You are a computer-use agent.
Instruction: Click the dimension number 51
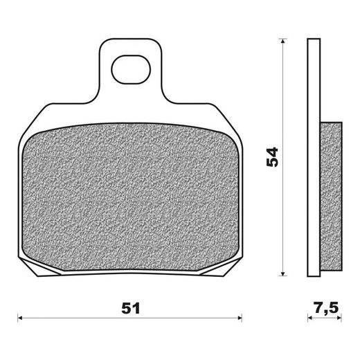131,308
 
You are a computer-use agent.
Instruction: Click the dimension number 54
272,157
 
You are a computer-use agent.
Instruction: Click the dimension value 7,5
326,308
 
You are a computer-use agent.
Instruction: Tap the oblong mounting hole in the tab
131,69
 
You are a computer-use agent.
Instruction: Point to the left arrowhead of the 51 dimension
20,318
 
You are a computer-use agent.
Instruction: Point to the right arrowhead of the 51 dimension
240,318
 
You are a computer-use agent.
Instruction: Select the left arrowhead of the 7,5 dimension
310,318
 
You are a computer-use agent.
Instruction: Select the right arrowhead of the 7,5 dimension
339,318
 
